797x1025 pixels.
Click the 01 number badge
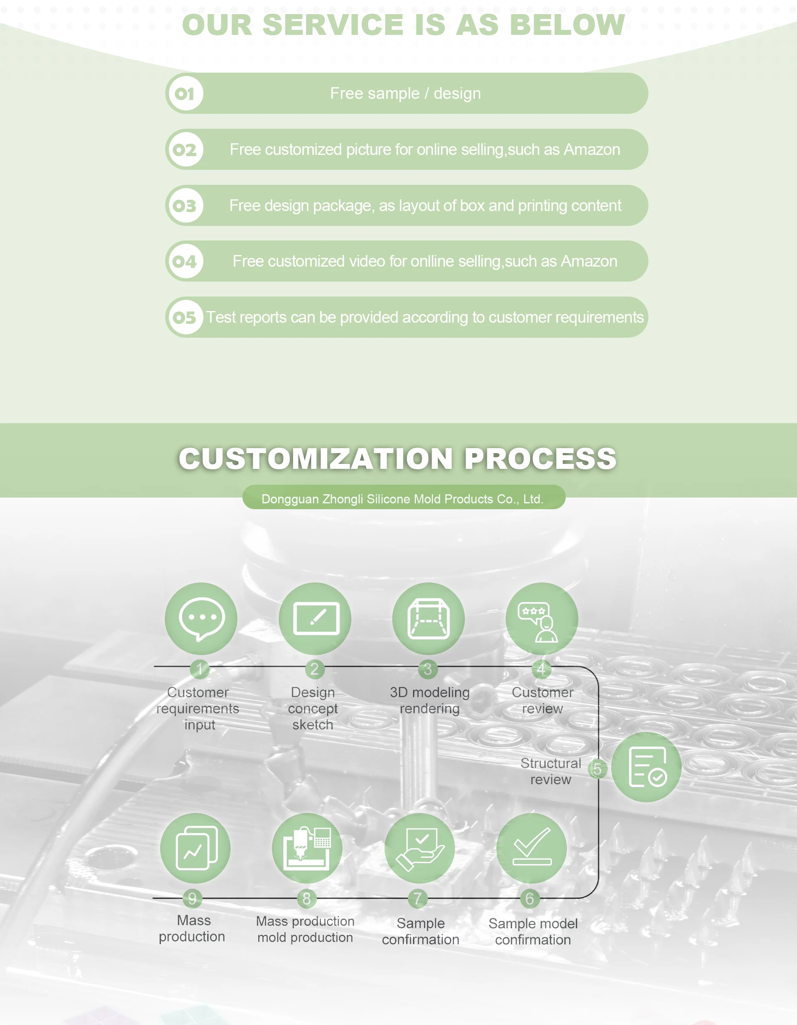pyautogui.click(x=185, y=94)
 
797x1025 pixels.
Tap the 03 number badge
pyautogui.click(x=185, y=206)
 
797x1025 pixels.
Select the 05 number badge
pyautogui.click(x=185, y=318)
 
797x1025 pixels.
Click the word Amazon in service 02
pyautogui.click(x=592, y=150)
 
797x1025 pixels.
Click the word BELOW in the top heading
pyautogui.click(x=567, y=25)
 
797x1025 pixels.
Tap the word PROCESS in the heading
pyautogui.click(x=540, y=459)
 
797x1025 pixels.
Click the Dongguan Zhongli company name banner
pyautogui.click(x=403, y=499)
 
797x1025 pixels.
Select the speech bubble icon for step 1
pyautogui.click(x=201, y=618)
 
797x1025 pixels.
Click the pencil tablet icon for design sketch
pyautogui.click(x=315, y=618)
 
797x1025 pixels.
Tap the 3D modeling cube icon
pyautogui.click(x=428, y=618)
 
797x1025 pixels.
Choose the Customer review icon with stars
pyautogui.click(x=542, y=618)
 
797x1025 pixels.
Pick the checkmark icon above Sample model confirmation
pyautogui.click(x=531, y=848)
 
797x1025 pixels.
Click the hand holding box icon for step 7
pyautogui.click(x=420, y=848)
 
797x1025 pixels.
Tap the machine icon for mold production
pyautogui.click(x=307, y=848)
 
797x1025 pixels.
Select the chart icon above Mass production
pyautogui.click(x=195, y=848)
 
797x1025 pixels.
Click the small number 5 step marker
pyautogui.click(x=597, y=769)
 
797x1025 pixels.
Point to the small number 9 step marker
pyautogui.click(x=192, y=898)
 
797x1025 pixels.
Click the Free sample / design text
pyautogui.click(x=405, y=94)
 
